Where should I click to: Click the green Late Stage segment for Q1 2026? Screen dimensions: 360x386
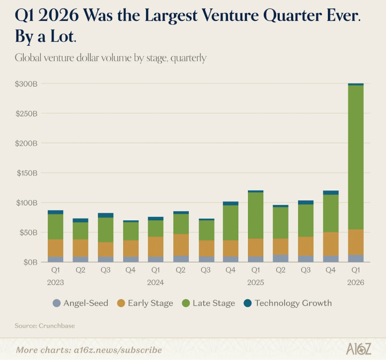click(356, 157)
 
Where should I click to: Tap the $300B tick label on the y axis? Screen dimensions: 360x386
click(26, 84)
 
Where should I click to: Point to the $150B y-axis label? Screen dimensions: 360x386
click(26, 173)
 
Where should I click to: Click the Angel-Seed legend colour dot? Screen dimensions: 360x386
click(57, 303)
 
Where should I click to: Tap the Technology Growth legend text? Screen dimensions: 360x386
click(293, 303)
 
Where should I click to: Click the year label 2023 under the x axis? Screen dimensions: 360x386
click(55, 282)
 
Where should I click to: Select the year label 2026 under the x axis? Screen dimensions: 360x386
click(356, 282)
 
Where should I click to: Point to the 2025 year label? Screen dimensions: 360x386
click(255, 282)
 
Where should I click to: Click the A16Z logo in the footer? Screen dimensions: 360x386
click(358, 349)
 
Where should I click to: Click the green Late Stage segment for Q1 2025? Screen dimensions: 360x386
click(255, 215)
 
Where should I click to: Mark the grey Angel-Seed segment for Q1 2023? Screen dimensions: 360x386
click(55, 259)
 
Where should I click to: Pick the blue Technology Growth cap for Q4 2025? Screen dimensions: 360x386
click(330, 192)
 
